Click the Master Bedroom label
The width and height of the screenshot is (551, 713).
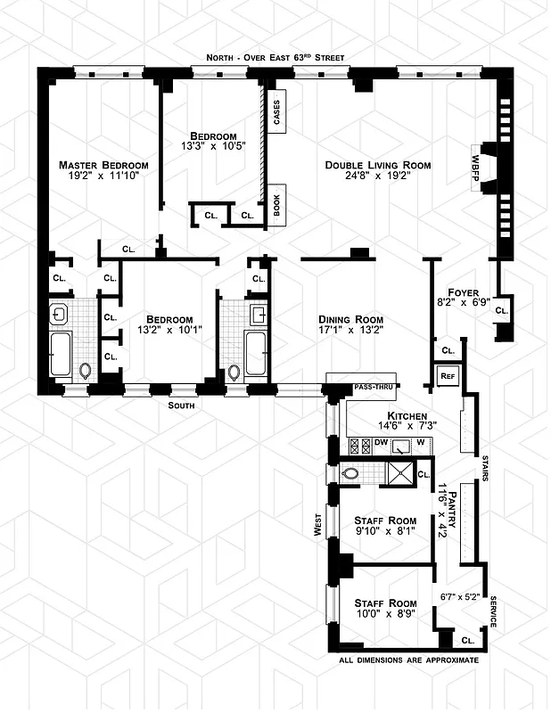click(x=103, y=165)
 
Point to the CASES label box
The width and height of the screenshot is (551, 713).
click(x=276, y=111)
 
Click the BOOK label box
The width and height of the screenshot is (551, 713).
click(x=276, y=206)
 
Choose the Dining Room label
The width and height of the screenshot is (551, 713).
click(x=351, y=319)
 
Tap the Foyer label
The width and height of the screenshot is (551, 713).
click(x=464, y=291)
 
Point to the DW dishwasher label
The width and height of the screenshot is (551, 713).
click(x=382, y=442)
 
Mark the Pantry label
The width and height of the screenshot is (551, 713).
click(x=453, y=508)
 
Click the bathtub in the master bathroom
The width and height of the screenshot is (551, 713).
click(x=62, y=355)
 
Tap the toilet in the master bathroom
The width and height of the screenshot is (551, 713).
click(x=86, y=371)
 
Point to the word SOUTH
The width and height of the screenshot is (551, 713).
click(x=181, y=406)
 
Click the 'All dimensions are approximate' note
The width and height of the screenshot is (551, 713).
click(x=408, y=660)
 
